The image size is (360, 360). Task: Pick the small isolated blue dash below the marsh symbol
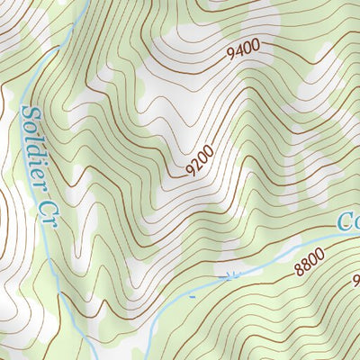click(x=193, y=294)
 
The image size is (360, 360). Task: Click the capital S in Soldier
click(x=27, y=113)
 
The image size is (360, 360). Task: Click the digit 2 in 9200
click(x=199, y=166)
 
